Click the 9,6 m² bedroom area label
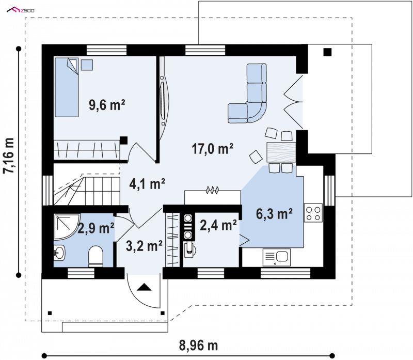[107, 105]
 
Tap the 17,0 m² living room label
[212, 148]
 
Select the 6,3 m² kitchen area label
[274, 214]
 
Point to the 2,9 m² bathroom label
[96, 228]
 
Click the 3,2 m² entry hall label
[144, 246]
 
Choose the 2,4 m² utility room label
[218, 225]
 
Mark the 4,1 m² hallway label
[147, 184]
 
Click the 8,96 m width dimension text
[199, 345]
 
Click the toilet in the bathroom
[96, 256]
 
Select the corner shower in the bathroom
[67, 227]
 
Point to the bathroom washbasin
[59, 253]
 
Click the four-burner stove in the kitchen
[313, 213]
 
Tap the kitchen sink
[277, 257]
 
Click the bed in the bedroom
[67, 87]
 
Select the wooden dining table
[281, 152]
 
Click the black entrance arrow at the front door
[144, 287]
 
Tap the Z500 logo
[21, 10]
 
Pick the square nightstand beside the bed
[87, 65]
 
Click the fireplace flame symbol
[212, 190]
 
